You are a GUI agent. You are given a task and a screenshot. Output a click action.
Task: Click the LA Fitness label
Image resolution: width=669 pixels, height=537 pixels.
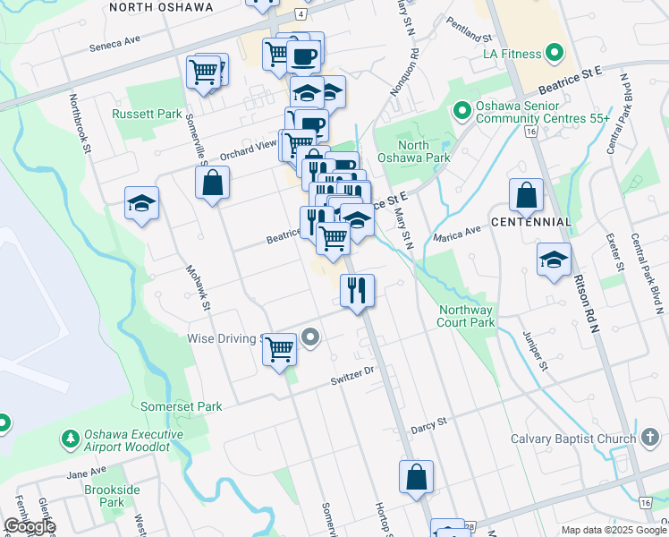[x=512, y=54]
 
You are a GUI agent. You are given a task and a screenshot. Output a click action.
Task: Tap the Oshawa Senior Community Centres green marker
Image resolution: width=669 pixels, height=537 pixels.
[x=462, y=111]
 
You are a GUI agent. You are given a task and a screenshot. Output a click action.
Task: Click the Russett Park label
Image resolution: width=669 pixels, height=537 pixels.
[x=147, y=114]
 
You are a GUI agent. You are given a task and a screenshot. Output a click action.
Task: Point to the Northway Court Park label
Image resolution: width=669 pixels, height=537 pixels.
[x=466, y=316]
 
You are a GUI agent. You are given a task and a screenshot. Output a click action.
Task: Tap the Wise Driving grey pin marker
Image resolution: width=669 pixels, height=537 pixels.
[x=310, y=337]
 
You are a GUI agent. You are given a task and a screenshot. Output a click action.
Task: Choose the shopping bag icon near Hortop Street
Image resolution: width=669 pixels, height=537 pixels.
[x=417, y=477]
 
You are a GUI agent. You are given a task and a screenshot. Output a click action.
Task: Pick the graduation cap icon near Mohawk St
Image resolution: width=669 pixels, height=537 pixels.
[x=141, y=204]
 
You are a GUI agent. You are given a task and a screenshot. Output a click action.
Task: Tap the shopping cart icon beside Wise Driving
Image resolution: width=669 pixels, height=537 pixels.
[x=280, y=348]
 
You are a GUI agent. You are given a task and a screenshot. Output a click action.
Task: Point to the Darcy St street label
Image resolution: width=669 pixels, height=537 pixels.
[x=428, y=430]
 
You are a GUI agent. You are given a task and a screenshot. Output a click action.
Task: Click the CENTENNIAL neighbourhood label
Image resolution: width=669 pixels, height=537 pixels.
[x=531, y=222]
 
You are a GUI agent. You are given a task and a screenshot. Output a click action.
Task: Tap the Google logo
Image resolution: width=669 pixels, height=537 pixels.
[x=30, y=526]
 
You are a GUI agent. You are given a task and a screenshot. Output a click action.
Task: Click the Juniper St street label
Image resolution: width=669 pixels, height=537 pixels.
[x=534, y=348]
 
